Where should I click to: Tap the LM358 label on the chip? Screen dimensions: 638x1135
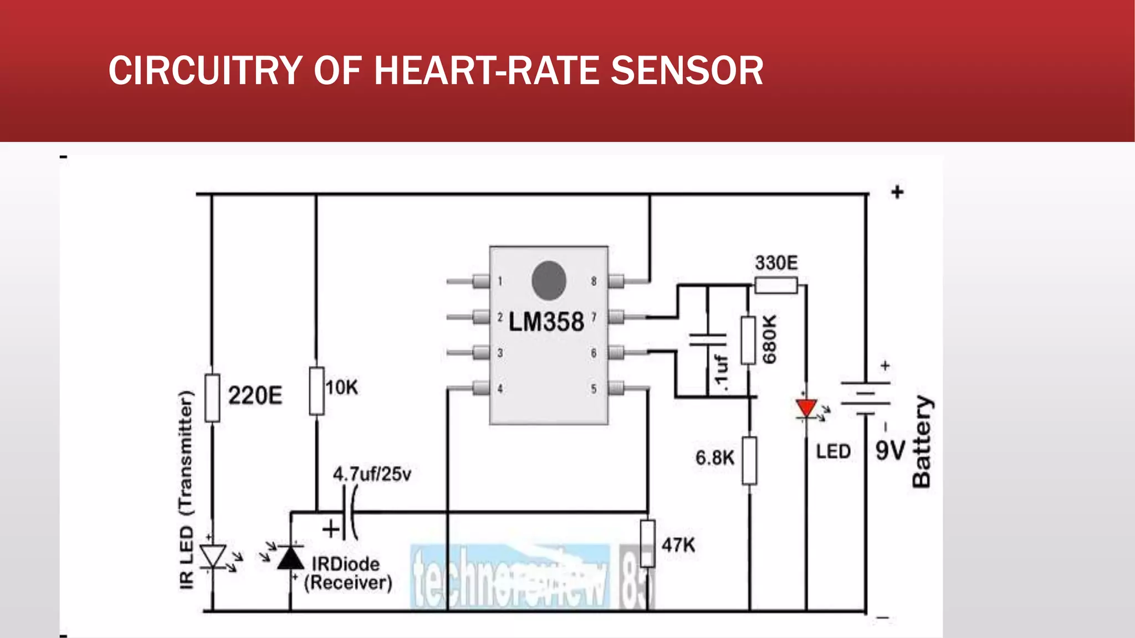pos(546,322)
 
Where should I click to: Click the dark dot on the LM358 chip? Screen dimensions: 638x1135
pos(549,280)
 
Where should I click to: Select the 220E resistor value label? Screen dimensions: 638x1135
pos(255,395)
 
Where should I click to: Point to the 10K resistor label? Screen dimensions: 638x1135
pos(341,388)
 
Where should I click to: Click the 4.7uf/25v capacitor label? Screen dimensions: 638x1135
pos(372,474)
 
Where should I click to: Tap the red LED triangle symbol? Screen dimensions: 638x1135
pos(806,409)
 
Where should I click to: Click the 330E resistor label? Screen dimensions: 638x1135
pos(776,263)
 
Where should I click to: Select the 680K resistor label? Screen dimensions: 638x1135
pos(769,339)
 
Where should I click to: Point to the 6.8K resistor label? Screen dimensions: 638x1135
pos(714,458)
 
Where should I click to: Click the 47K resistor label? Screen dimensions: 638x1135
pos(678,545)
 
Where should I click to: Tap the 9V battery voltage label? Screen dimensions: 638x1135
pos(890,451)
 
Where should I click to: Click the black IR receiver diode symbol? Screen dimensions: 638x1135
pos(290,558)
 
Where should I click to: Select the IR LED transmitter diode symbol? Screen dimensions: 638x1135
pos(213,556)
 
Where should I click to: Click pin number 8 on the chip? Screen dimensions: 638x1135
pos(594,281)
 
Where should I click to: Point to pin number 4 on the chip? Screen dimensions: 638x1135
pos(500,389)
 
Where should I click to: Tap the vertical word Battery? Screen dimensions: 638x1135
pos(922,442)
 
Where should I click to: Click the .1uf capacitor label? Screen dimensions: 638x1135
pos(720,370)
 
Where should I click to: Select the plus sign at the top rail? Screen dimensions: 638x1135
pos(897,192)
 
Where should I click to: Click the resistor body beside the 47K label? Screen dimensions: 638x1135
pos(647,543)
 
